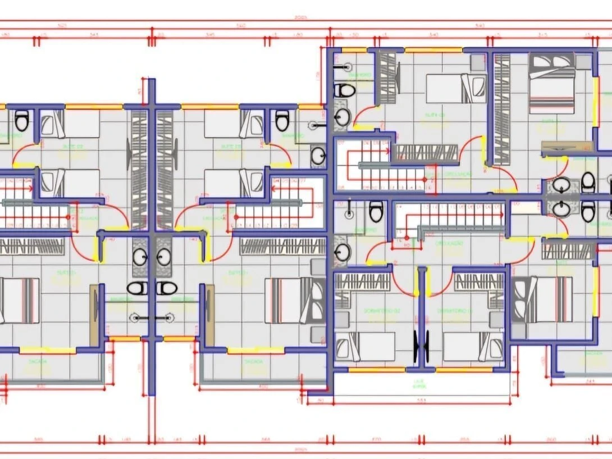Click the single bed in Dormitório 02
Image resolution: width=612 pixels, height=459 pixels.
365,346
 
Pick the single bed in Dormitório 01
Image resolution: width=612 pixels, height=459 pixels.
473,346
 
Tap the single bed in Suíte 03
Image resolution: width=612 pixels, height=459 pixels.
455,88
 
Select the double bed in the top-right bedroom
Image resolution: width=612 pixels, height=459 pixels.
551,83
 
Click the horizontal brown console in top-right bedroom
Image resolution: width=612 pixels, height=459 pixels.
567,147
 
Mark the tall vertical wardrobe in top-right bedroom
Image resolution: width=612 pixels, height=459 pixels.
502,109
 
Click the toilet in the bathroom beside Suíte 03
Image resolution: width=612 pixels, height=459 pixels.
345,90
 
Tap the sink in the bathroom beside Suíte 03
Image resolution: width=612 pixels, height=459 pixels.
342,117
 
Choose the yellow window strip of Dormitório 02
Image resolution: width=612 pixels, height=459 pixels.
377,370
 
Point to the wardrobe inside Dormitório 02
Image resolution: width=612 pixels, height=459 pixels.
362,282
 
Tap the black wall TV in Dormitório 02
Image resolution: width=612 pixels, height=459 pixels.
417,347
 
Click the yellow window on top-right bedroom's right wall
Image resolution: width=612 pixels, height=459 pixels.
596,101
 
